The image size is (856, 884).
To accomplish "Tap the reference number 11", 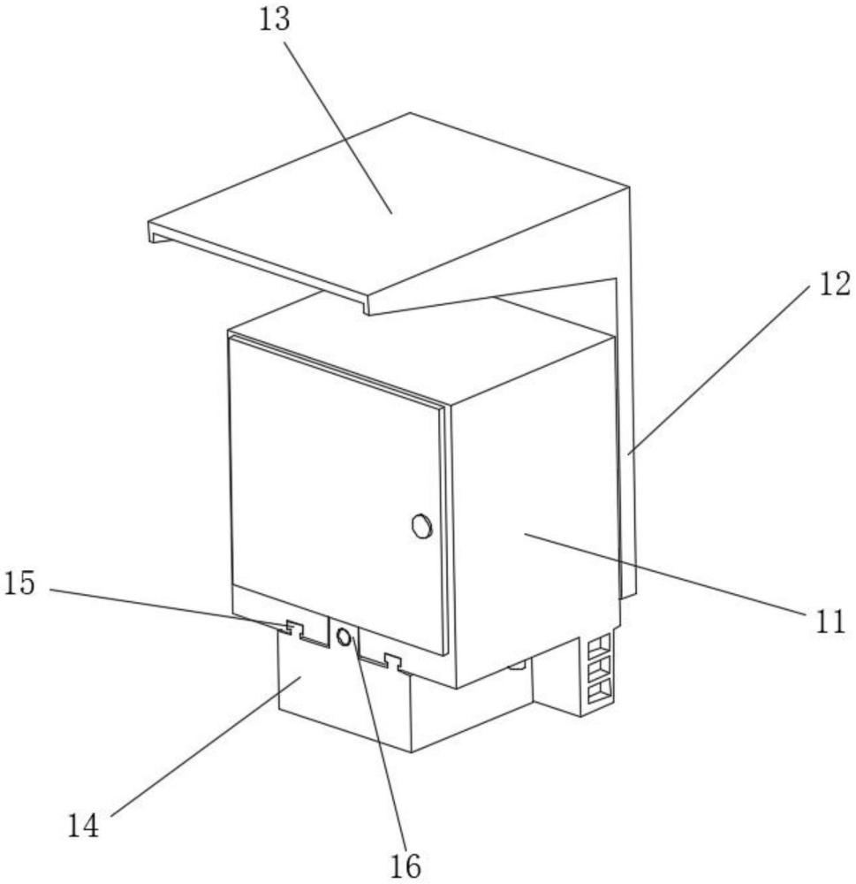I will coord(828,622).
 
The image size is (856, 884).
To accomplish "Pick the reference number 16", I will coord(405,864).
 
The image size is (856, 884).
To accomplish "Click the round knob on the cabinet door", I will coord(421,527).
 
